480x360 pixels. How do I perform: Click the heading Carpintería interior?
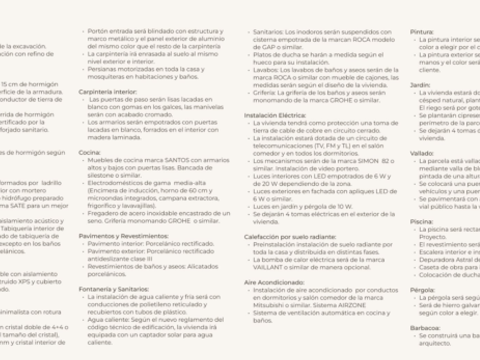click(107, 91)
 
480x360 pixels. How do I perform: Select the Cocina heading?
click(89, 153)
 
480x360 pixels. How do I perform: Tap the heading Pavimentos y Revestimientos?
click(123, 235)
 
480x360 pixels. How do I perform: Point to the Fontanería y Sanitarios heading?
click(113, 289)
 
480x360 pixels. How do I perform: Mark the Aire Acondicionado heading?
click(274, 282)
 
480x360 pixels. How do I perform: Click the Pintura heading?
click(422, 33)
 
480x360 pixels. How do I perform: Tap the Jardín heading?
click(420, 85)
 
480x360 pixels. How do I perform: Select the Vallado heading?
click(422, 153)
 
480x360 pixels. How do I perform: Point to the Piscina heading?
click(422, 221)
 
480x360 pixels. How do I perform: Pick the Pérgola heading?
click(423, 290)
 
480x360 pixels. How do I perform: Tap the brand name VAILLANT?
click(265, 267)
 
